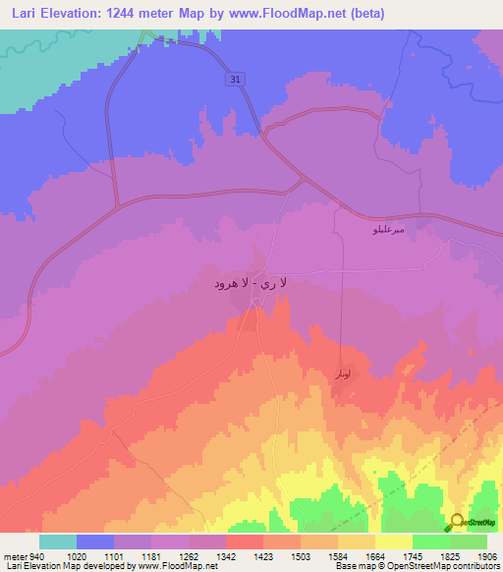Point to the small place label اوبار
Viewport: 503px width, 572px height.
pos(339,374)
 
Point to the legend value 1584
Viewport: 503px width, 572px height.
pos(351,555)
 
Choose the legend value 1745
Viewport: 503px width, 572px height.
pos(425,555)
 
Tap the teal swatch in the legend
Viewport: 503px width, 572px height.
pos(58,542)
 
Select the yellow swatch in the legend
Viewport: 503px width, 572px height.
pos(394,542)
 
